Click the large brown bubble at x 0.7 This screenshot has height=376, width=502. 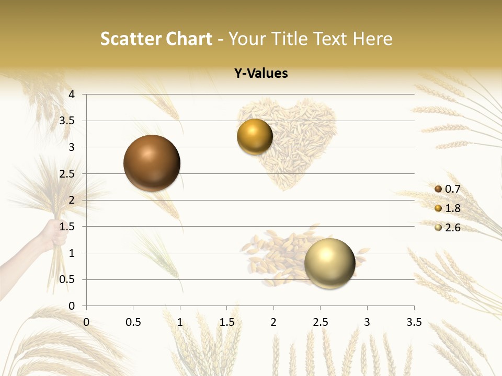(152, 163)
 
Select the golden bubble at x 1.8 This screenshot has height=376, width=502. (255, 137)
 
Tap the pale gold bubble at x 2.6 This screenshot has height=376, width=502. (329, 263)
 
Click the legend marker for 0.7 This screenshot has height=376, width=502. (438, 189)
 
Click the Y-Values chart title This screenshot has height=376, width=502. (260, 74)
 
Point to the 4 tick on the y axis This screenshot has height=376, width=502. (72, 95)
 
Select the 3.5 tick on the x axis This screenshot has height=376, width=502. (414, 322)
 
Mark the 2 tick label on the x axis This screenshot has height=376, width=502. (273, 322)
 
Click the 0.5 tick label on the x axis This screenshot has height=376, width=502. (133, 322)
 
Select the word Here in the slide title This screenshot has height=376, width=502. (372, 39)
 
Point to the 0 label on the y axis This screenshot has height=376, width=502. (72, 306)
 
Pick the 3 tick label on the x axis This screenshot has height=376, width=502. (367, 322)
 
